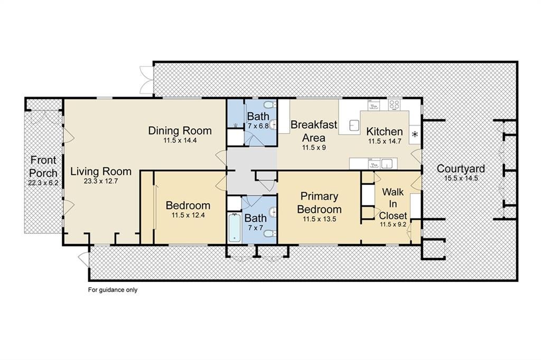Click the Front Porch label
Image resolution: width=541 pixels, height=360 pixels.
point(43,167)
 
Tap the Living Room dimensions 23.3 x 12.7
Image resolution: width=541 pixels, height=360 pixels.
point(101,181)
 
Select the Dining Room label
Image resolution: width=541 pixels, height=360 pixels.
point(180,131)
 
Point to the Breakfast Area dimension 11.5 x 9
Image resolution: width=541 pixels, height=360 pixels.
point(314,148)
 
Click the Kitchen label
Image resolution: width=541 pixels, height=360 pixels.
point(385,131)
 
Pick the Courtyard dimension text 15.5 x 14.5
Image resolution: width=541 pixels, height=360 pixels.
point(461,178)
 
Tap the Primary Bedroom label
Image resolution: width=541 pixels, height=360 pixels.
point(319,202)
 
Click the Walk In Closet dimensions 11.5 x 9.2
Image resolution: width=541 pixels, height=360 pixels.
point(393,224)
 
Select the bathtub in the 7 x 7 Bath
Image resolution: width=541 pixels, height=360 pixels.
point(234,228)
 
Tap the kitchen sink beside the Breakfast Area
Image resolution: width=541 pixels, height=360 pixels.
point(354,126)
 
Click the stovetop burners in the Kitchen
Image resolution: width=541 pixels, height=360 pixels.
point(394,105)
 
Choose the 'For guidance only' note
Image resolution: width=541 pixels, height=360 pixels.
point(113,290)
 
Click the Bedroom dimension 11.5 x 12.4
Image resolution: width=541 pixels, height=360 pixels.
point(188,215)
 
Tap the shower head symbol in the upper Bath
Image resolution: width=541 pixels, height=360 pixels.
point(235,126)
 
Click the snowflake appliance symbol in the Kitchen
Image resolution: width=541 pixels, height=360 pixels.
point(415,134)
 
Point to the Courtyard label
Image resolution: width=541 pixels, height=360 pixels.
point(461,168)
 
